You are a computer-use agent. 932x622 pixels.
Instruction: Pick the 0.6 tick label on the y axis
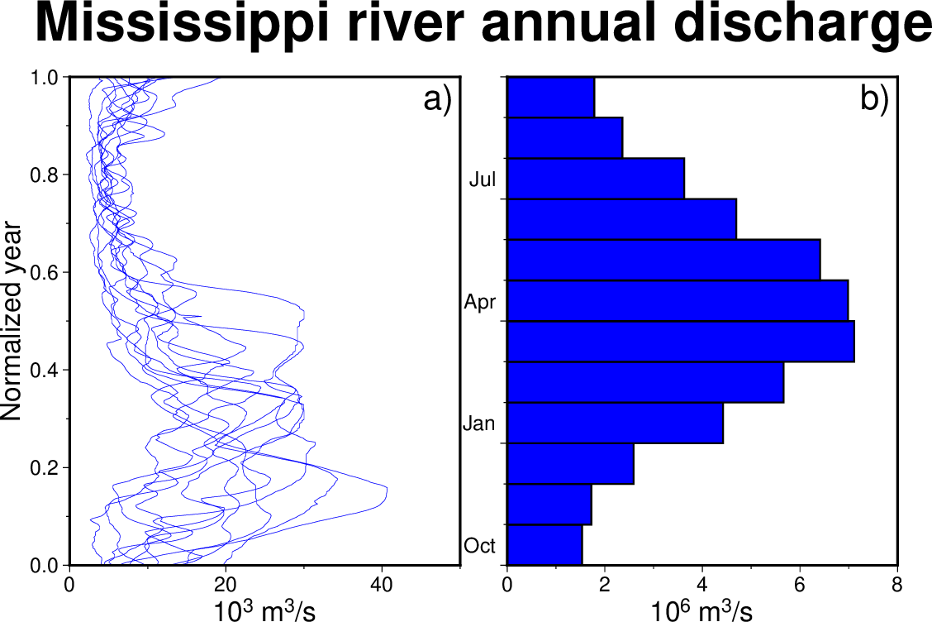(45, 272)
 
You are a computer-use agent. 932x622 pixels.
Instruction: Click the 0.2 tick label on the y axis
(45, 467)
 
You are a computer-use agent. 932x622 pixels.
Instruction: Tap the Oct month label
(480, 546)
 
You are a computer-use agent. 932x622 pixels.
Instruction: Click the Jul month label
(483, 179)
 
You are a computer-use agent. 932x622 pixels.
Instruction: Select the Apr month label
(480, 302)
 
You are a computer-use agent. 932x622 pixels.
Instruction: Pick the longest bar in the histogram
(681, 342)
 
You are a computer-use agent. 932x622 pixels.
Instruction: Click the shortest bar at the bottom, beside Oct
(544, 545)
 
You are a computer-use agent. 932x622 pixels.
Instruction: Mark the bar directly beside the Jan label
(615, 423)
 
